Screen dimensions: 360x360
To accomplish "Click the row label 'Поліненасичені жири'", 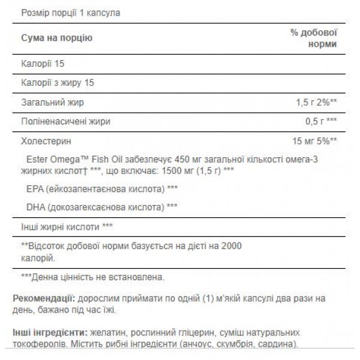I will click(x=66, y=122).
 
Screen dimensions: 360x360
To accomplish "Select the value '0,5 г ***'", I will click(x=319, y=122).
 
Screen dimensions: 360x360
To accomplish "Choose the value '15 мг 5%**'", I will click(x=313, y=142).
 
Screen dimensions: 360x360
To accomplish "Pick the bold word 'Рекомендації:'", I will click(x=43, y=298).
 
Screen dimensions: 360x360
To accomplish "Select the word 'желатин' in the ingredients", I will click(x=105, y=332).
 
